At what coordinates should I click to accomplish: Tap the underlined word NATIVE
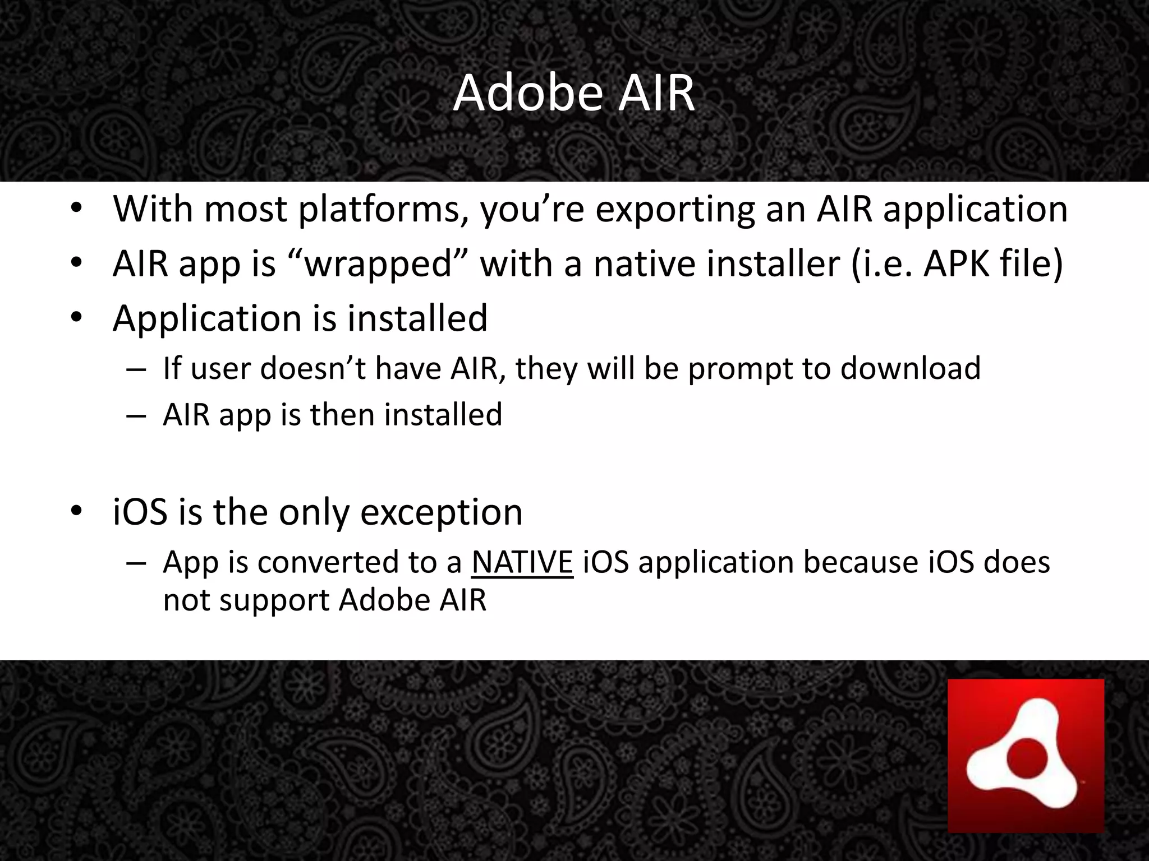[522, 562]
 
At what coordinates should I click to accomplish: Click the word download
[910, 368]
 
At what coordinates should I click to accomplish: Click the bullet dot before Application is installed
[77, 317]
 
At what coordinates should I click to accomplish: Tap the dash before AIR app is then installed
[136, 416]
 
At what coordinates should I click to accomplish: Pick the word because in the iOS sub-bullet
[860, 562]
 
